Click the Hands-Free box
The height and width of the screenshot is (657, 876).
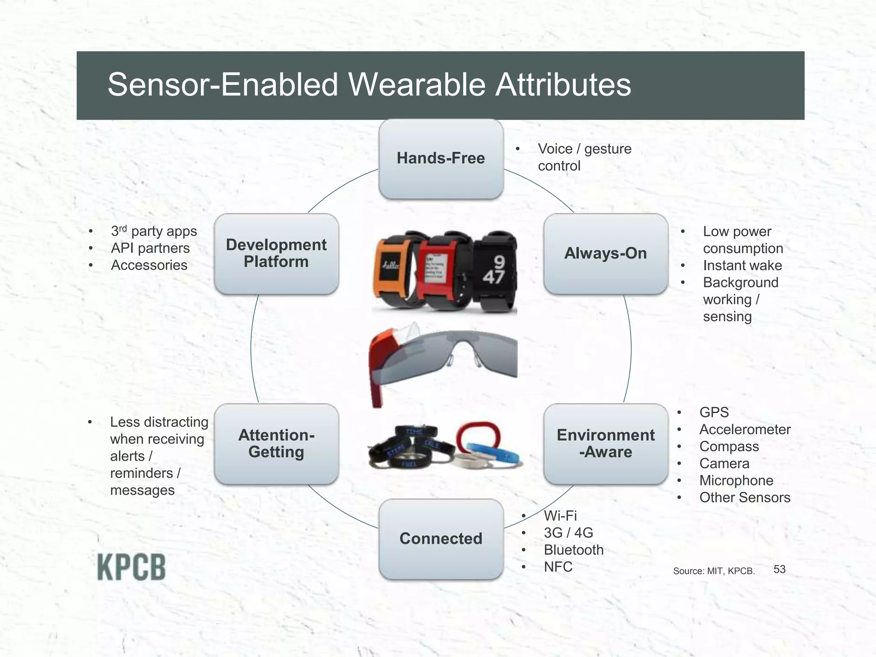(441, 159)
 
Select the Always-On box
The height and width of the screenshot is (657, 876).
(605, 254)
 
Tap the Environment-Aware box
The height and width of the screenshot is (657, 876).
(605, 444)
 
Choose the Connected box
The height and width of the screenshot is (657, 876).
(441, 539)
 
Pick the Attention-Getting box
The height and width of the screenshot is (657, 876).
(276, 444)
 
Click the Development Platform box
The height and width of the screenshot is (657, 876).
(276, 254)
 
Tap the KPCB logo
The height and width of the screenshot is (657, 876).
(131, 567)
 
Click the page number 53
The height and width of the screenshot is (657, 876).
(779, 569)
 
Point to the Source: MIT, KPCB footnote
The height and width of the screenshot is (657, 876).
(713, 571)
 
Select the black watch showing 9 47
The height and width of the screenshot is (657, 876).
(496, 272)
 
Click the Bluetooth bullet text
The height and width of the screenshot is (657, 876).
(573, 550)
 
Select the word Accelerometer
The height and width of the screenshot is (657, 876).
(745, 429)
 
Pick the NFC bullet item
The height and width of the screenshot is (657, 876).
(558, 567)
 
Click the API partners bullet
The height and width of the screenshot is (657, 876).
(150, 248)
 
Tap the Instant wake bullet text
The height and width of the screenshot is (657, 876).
(742, 266)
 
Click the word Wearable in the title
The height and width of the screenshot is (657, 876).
(417, 84)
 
